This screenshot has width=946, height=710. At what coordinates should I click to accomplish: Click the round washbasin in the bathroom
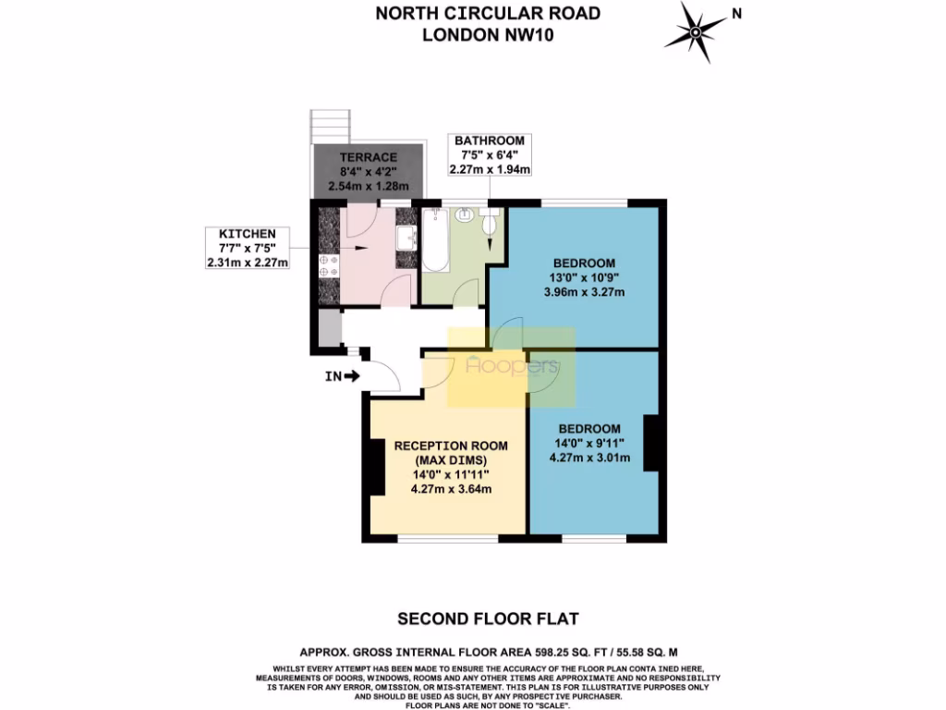[x=465, y=215]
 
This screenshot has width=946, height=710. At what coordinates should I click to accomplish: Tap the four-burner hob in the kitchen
[x=327, y=267]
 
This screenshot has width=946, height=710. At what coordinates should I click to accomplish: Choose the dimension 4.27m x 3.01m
[x=588, y=458]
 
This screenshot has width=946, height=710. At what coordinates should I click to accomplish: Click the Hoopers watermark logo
[x=512, y=367]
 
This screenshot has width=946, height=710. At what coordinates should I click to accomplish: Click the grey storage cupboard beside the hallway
[x=326, y=327]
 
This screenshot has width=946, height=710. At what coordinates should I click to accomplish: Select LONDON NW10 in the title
[x=487, y=35]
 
